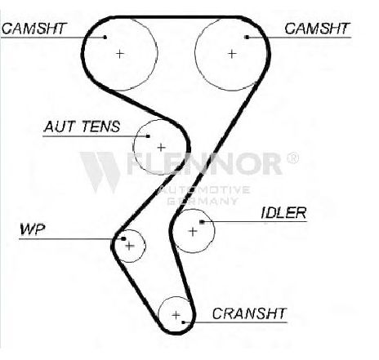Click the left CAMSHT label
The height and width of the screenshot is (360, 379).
click(x=34, y=29)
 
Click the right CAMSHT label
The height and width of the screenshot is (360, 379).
click(x=317, y=29)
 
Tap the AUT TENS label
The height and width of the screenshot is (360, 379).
click(x=82, y=127)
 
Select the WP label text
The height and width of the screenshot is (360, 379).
click(x=32, y=229)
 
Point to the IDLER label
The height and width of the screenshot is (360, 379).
click(x=283, y=213)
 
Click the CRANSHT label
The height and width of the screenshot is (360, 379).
click(x=249, y=313)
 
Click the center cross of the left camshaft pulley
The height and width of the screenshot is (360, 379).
click(x=120, y=54)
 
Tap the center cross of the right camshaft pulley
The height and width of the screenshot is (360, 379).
click(x=232, y=54)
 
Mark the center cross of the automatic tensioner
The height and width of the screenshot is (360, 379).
click(x=161, y=148)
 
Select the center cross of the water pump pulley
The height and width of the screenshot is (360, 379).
click(x=130, y=246)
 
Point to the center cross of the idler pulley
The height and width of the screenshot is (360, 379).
click(x=193, y=232)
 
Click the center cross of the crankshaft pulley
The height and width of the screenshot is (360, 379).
click(x=176, y=315)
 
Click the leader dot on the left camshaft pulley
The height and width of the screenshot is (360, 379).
click(x=105, y=37)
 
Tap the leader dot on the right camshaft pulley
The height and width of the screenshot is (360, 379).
click(x=247, y=37)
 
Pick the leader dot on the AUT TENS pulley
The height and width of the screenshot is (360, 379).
click(x=148, y=136)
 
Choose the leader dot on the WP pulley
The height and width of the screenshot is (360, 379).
click(x=123, y=238)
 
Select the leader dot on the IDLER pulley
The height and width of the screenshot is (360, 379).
click(x=202, y=222)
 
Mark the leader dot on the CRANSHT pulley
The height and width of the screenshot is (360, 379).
click(x=183, y=322)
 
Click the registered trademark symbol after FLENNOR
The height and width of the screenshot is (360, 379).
click(x=292, y=158)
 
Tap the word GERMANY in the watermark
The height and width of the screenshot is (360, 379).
click(x=202, y=201)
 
